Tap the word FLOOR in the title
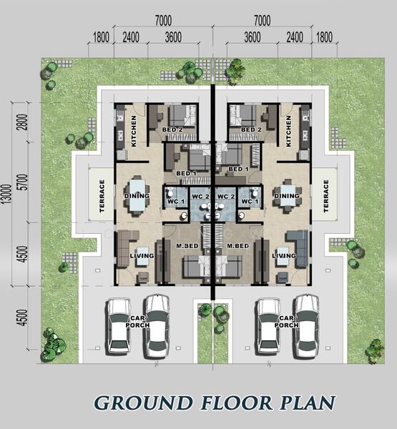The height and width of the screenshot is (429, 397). click(x=237, y=403)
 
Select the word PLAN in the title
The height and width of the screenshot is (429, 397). click(x=308, y=403)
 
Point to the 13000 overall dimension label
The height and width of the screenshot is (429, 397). click(x=7, y=194)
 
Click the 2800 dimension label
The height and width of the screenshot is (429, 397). click(x=24, y=122)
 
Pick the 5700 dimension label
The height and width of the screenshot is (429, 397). click(x=24, y=182)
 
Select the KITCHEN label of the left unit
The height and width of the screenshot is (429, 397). click(x=134, y=131)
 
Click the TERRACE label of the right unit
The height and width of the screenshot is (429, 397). click(x=325, y=196)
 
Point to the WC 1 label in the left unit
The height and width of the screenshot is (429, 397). click(x=176, y=202)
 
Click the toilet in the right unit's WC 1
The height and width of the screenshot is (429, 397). click(x=255, y=192)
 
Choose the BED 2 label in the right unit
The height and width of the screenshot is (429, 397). click(x=251, y=129)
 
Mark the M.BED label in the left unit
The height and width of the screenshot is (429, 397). click(x=187, y=246)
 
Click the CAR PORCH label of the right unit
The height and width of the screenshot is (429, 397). click(x=286, y=322)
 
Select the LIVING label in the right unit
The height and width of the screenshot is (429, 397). click(x=284, y=255)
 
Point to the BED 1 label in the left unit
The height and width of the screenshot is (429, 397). click(x=186, y=173)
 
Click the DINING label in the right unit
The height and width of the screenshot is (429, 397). click(x=287, y=196)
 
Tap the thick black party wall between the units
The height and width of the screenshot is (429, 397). click(x=212, y=192)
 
